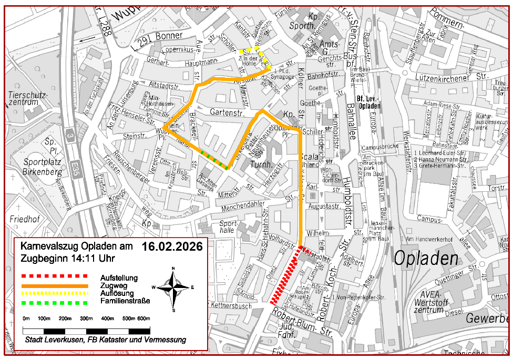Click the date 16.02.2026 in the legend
point(172,247)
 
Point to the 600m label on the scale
point(143,318)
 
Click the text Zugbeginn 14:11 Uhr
point(68,259)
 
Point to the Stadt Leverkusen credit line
point(105,340)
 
